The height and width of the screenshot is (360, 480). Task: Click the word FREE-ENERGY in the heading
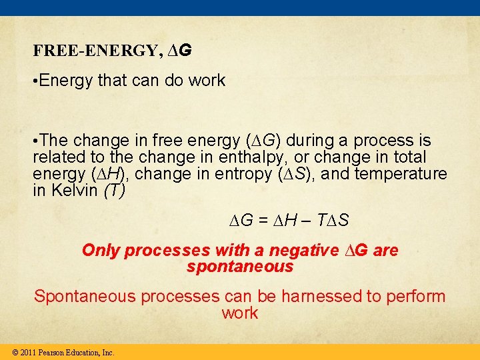(96, 51)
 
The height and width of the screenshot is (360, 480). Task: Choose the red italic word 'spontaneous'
(240, 267)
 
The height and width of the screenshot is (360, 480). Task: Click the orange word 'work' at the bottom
(240, 313)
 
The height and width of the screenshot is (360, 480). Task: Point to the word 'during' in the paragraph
(311, 141)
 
